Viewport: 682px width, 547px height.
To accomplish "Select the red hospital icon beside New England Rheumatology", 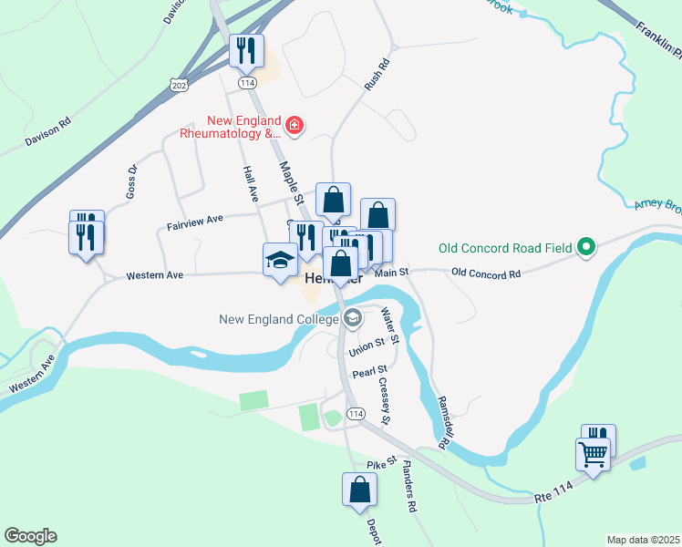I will (x=294, y=124).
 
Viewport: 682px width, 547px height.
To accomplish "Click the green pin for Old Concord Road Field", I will (x=588, y=247).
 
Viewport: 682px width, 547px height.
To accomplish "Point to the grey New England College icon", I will (x=352, y=319).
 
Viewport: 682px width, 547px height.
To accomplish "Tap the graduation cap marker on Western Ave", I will (x=280, y=260).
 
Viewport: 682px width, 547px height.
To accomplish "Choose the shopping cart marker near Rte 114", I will (x=593, y=454).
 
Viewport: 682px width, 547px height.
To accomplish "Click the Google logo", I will (x=30, y=536).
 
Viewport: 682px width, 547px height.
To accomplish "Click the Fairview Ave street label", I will (x=195, y=220).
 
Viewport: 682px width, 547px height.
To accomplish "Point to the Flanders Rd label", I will (x=409, y=490).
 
